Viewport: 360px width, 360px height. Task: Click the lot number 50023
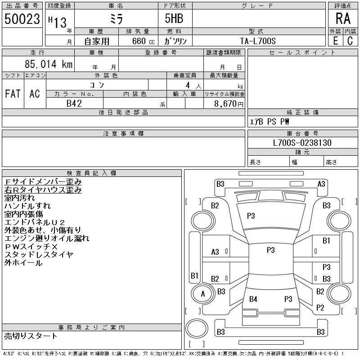click(x=22, y=19)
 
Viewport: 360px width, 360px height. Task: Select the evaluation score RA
click(x=343, y=18)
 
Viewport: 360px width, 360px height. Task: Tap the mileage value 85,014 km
click(x=49, y=64)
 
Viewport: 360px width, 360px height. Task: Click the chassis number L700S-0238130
click(x=302, y=143)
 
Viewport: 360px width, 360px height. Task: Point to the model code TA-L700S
click(x=258, y=41)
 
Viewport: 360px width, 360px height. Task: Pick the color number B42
click(x=74, y=103)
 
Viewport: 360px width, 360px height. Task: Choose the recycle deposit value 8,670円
click(x=229, y=104)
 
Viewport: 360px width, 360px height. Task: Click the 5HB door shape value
click(x=174, y=18)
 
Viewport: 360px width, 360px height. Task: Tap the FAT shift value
click(x=13, y=94)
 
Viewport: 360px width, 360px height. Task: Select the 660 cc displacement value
click(x=143, y=41)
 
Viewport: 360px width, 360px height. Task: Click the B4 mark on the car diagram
click(x=253, y=299)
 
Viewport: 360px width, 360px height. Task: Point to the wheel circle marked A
click(x=203, y=294)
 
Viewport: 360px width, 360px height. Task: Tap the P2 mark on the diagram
click(x=320, y=307)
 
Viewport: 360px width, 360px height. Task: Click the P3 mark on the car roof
click(x=271, y=250)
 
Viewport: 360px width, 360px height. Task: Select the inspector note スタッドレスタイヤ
click(x=39, y=255)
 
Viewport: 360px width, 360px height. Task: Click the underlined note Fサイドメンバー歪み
click(x=43, y=182)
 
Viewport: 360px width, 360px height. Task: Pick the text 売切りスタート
click(x=31, y=336)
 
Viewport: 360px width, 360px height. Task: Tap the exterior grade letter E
click(x=335, y=41)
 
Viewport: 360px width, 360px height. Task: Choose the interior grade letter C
click(x=350, y=41)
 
